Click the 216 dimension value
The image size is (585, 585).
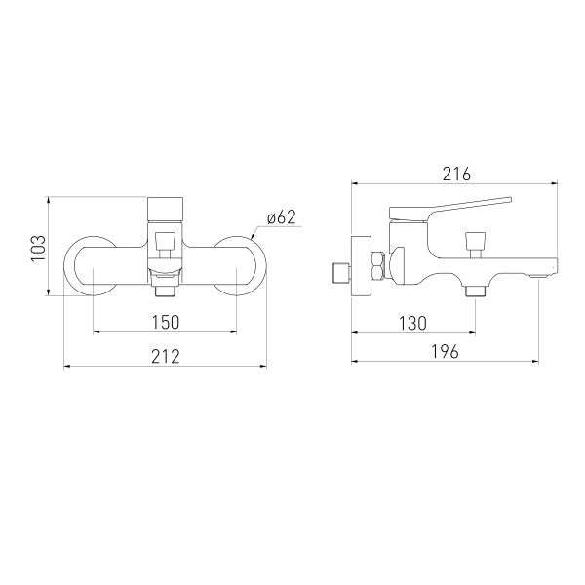456,175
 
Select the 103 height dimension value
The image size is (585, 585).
38,249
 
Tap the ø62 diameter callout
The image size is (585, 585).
282,217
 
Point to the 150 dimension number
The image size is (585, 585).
166,322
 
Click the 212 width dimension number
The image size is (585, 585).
166,356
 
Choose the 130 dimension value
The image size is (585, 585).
412,323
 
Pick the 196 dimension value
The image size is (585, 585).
445,351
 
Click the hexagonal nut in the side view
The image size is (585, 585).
377,267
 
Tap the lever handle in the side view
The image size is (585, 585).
449,209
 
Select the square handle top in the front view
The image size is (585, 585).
166,210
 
